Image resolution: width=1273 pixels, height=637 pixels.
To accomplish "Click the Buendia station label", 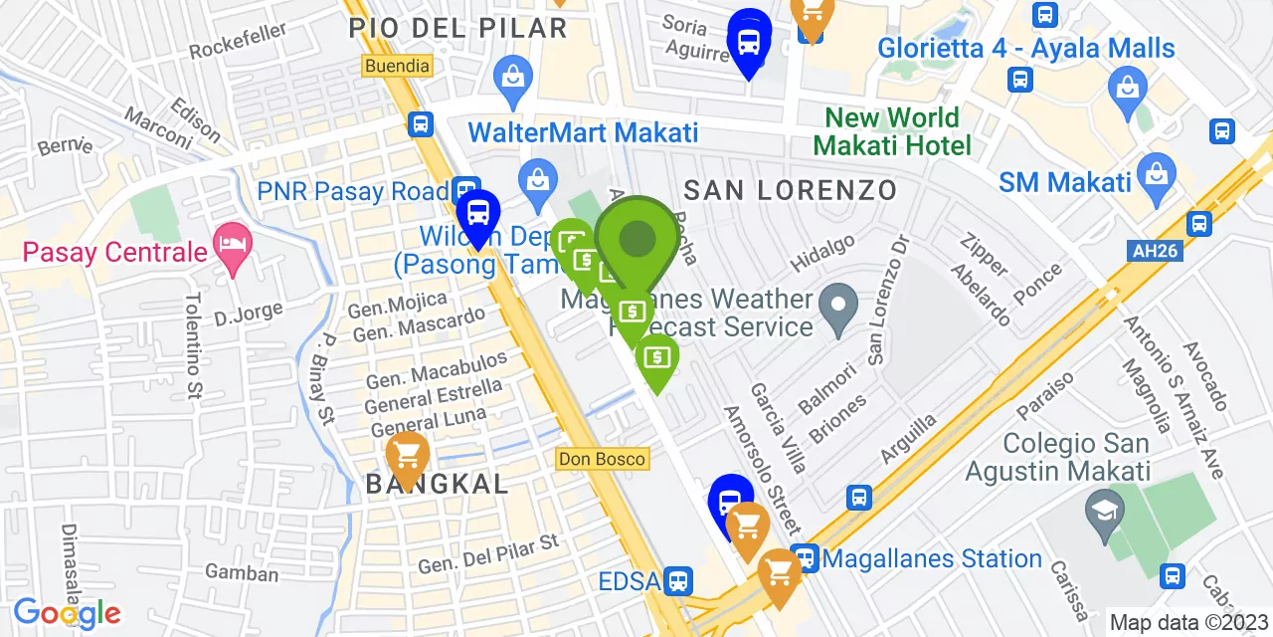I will pos(398,66).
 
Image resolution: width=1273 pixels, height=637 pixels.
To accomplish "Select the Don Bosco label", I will pos(603,459).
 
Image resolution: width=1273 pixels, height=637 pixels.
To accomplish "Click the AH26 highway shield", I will pos(1156,251).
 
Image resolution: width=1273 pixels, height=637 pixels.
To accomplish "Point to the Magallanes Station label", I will pos(932,559).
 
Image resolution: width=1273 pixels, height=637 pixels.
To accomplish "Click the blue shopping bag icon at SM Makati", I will pos(1157,170).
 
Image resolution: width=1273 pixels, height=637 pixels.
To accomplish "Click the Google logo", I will pos(67,613).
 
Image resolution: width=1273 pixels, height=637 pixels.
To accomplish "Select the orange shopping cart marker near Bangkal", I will pos(407,458).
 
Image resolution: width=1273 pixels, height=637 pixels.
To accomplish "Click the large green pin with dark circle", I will pos(637,239).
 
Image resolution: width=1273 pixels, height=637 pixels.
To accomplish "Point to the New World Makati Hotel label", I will pos(892,131).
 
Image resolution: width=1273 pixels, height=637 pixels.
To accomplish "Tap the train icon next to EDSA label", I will pos(679,580).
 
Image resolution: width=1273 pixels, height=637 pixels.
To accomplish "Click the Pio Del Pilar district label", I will pos(457,28).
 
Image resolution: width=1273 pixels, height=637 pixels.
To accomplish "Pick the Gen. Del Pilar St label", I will pos(488,555).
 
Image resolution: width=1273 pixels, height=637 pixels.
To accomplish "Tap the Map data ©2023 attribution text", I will pos(1188,623).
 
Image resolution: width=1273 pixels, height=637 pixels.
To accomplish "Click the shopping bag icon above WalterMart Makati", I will pos(513,78).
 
